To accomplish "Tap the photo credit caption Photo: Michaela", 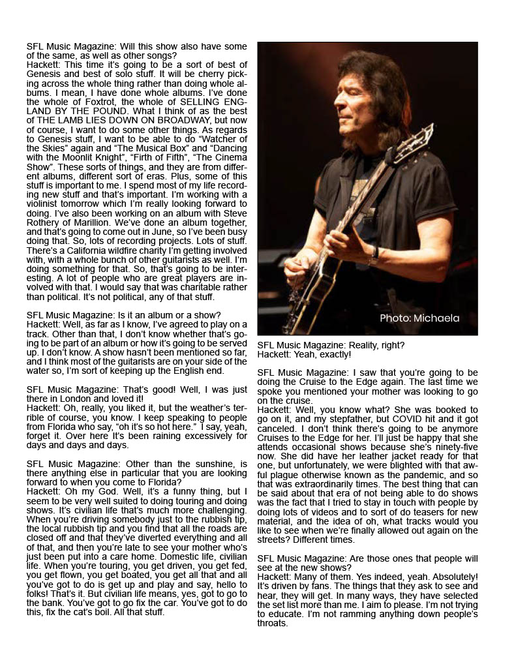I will tap(419, 318).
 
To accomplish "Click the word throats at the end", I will tap(272, 624).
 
